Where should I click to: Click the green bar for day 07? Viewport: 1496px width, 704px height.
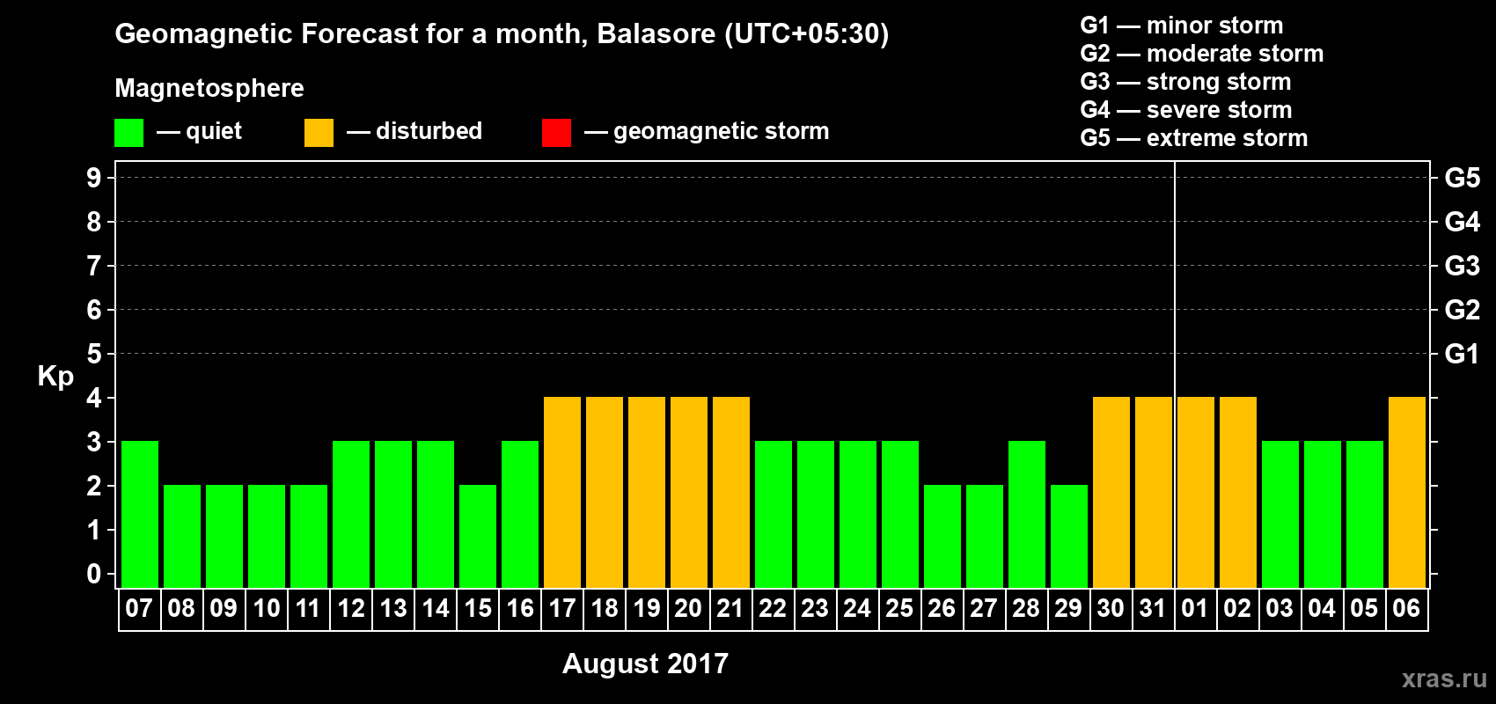click(140, 514)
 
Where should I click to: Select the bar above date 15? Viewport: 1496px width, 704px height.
click(478, 536)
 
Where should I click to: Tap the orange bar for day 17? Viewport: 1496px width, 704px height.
click(562, 492)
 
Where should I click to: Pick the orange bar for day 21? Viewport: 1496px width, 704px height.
click(731, 492)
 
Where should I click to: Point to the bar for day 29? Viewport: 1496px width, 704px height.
click(1069, 536)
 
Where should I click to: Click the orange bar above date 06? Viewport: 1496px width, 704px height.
click(1407, 492)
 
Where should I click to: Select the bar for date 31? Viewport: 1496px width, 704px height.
click(1154, 492)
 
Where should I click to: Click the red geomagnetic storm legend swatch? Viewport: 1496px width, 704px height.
click(557, 132)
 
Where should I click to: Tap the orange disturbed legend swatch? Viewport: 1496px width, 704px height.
click(319, 132)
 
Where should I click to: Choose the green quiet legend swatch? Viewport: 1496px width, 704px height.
click(128, 132)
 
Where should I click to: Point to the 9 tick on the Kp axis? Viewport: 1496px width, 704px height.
click(93, 178)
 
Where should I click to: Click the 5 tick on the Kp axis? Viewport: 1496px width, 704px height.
click(93, 354)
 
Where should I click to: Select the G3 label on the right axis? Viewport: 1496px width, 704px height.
click(1462, 266)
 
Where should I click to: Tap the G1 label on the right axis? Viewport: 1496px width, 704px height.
click(1462, 354)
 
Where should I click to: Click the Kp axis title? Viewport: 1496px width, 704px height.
click(55, 377)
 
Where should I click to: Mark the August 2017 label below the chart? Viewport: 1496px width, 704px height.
click(645, 664)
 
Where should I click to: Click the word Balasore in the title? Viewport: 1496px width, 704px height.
click(656, 33)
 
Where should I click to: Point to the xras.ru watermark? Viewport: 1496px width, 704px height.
click(1444, 678)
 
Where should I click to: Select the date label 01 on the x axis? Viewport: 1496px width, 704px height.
click(1195, 608)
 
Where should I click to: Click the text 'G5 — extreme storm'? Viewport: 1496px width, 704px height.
click(1193, 138)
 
